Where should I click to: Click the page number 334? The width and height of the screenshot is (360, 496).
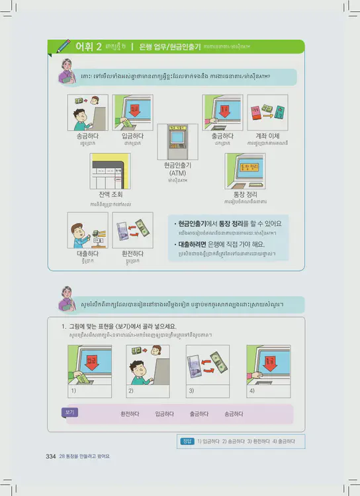point(50,456)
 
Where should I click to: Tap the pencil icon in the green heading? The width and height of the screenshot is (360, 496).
point(64,46)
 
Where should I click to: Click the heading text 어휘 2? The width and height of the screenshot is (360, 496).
point(88,46)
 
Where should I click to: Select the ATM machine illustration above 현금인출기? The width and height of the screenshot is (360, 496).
point(177,140)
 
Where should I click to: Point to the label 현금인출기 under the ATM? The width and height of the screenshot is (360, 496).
point(177,165)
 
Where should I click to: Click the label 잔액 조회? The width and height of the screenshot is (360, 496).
point(110,195)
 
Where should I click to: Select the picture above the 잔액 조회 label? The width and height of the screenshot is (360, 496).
point(110,171)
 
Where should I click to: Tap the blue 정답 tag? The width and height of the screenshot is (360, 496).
point(187,441)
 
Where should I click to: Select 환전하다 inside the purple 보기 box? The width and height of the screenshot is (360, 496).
point(130,414)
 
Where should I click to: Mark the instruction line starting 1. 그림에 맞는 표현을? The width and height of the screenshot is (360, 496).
point(118,326)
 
